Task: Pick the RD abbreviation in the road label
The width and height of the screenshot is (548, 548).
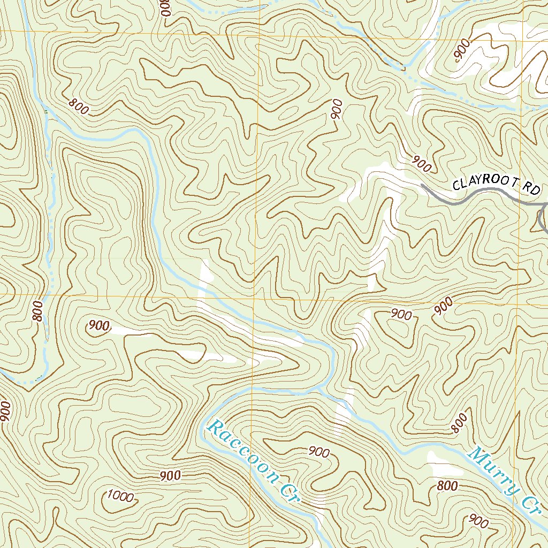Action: coord(533,188)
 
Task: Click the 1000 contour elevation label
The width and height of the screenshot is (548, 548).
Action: coord(120,496)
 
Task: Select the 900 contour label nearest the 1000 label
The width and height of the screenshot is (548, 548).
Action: coord(170,475)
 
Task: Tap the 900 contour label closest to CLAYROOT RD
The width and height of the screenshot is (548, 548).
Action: coord(422,164)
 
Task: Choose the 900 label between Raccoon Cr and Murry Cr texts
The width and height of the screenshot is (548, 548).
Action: coord(319,452)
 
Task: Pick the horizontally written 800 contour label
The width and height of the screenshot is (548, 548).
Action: coord(447,486)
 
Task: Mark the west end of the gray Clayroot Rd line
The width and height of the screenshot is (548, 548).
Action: coord(422,185)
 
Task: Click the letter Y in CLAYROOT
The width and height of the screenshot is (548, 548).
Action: coord(475,184)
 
